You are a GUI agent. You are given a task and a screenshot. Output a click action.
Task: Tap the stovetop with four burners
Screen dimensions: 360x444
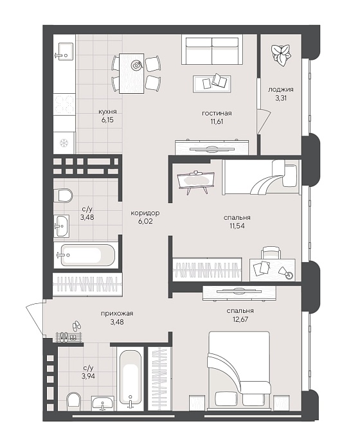64,105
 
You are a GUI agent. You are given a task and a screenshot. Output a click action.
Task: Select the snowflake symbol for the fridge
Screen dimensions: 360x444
64,143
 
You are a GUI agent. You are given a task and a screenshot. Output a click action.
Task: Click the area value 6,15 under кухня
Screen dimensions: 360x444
107,120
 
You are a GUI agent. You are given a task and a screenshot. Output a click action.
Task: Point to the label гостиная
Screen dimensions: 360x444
217,113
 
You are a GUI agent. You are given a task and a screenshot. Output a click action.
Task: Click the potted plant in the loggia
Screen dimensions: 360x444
280,55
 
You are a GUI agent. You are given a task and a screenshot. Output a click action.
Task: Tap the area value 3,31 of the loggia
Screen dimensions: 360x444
281,98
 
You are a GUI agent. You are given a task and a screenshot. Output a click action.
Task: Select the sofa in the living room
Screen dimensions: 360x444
212,49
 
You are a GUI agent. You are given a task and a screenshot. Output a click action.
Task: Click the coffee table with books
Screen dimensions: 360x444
212,84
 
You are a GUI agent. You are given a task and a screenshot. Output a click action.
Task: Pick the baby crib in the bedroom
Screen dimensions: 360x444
195,181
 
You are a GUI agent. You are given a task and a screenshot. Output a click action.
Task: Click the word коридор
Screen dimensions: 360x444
145,213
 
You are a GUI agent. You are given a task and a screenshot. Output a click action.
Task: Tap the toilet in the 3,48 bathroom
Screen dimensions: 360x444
63,195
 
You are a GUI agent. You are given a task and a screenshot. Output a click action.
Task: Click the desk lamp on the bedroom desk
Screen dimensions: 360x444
285,273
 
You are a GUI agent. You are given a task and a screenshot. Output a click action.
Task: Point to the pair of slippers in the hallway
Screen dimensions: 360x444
76,326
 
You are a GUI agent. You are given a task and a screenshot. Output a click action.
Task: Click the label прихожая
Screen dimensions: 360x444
117,314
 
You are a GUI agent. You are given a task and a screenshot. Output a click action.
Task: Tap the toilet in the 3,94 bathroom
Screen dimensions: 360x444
73,401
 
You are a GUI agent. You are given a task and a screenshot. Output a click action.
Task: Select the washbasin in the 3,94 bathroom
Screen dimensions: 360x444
103,403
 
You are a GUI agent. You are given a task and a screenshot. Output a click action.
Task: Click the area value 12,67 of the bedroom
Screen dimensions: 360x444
240,319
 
